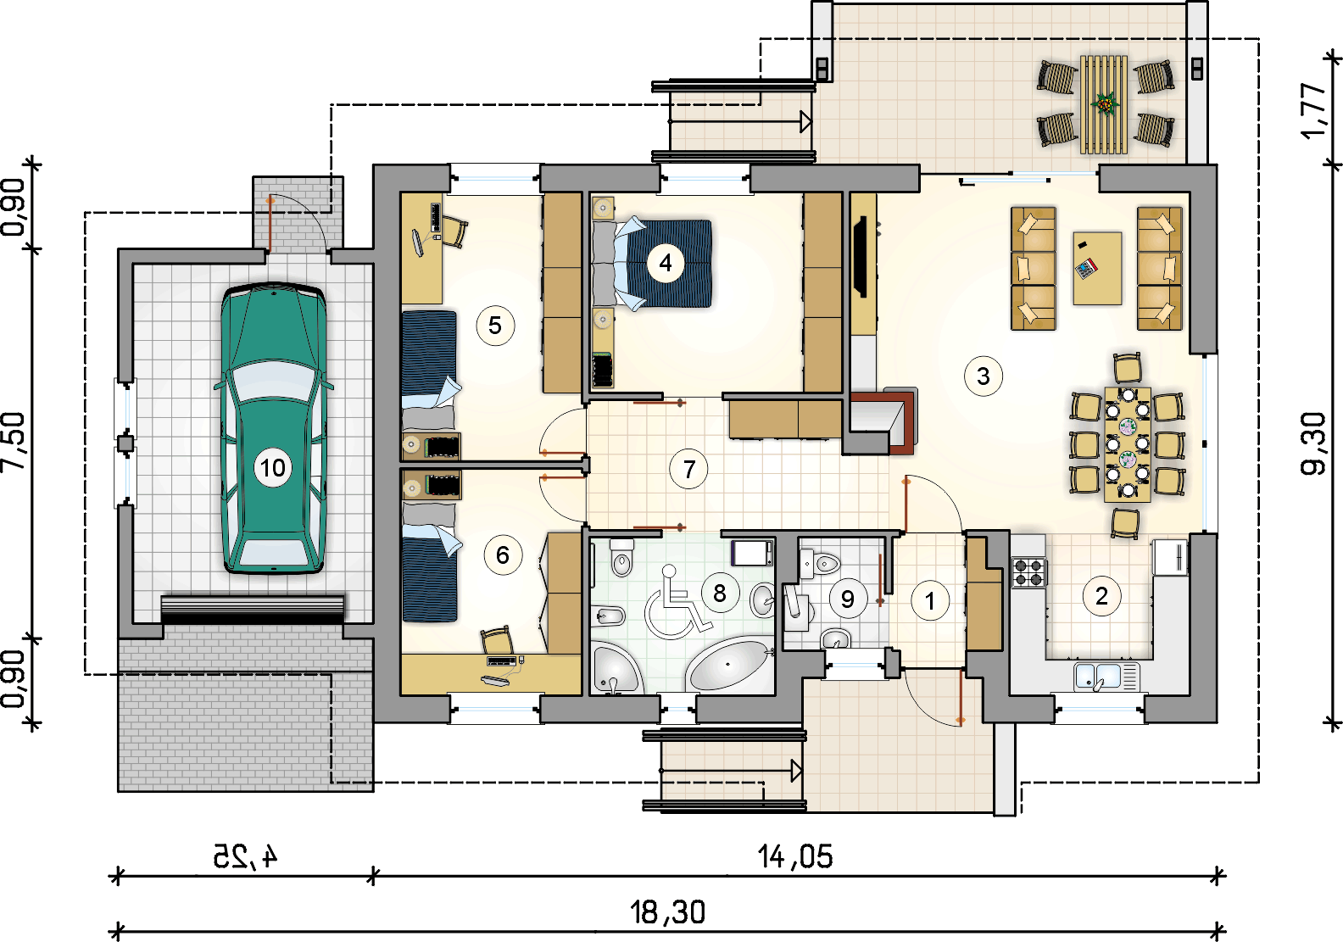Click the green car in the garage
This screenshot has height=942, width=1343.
[273, 428]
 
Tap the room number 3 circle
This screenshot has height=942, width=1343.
[983, 376]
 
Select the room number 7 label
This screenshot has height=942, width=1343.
[688, 469]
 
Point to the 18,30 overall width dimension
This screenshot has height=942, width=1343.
[667, 912]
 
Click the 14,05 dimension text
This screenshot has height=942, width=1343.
[795, 856]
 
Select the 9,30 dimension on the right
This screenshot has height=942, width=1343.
[1312, 443]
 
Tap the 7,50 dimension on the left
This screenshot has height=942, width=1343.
[14, 441]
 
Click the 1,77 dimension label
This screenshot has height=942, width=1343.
[1313, 111]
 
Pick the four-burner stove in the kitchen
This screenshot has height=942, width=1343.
[1028, 572]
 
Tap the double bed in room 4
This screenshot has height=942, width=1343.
[652, 264]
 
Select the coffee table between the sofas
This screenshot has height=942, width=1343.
[1097, 268]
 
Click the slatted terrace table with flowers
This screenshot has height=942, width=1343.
[1104, 104]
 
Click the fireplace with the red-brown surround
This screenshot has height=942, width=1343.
[883, 421]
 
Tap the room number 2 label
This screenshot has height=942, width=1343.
[1101, 596]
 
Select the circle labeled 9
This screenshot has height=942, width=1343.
[847, 599]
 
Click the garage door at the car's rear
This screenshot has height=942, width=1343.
[253, 610]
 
